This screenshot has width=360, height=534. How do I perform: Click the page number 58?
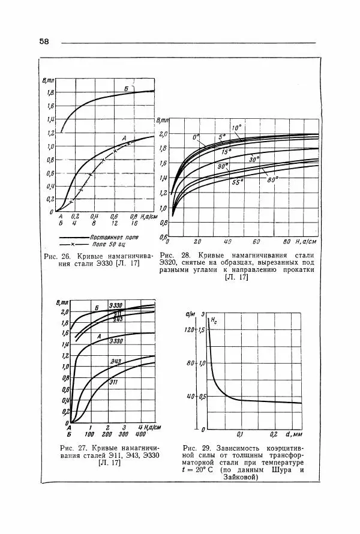(44, 41)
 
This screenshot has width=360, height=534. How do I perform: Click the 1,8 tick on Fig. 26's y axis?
(51, 93)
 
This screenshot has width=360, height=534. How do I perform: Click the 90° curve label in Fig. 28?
(223, 166)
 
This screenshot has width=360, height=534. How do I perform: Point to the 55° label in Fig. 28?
(238, 182)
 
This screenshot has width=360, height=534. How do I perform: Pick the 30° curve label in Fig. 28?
(254, 159)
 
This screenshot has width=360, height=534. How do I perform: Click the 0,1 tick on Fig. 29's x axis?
(240, 434)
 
